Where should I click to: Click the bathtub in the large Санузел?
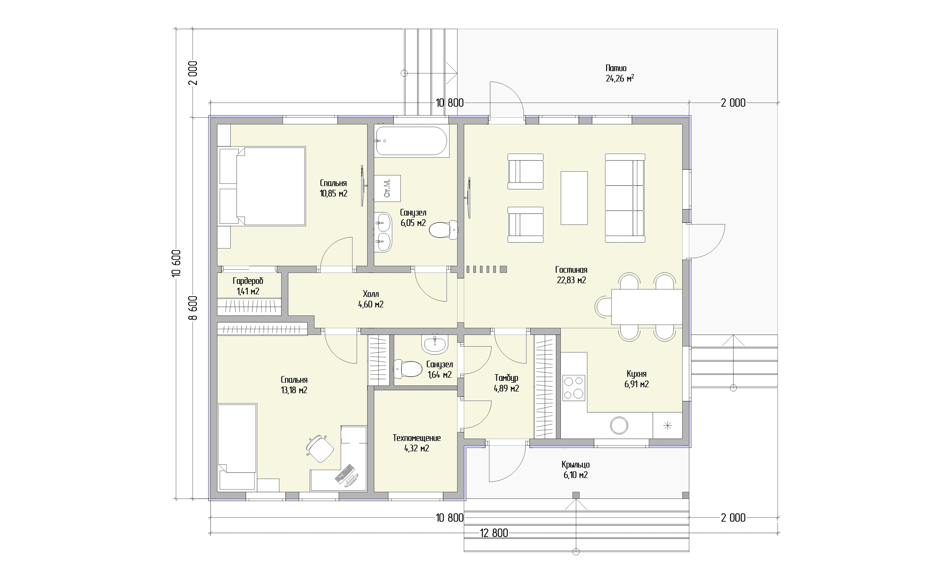coord(412,141)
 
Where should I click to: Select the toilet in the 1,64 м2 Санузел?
coord(407,369)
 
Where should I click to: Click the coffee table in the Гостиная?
coord(574,198)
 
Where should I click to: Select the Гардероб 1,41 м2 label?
coord(248,286)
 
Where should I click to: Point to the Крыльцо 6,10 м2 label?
coord(576,470)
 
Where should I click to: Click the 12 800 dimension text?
coord(494,533)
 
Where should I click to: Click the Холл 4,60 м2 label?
coord(371,299)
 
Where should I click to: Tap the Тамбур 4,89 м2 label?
coord(506,383)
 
